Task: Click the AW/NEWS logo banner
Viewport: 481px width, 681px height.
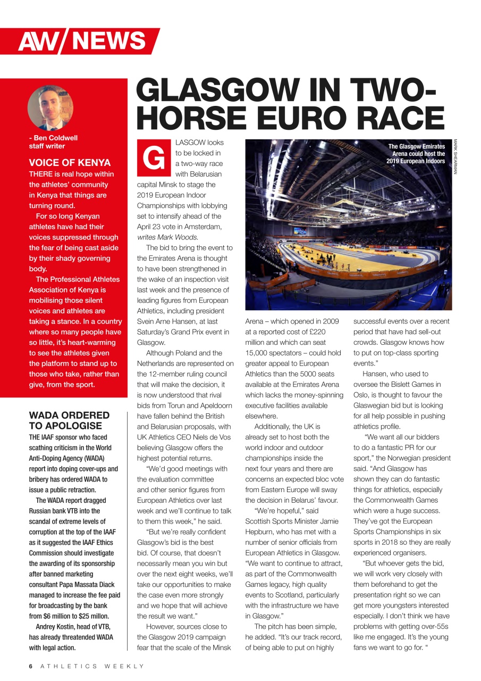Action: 82,41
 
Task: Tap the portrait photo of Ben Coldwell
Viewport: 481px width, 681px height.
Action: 50,107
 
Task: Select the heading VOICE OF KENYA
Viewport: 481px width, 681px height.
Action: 70,163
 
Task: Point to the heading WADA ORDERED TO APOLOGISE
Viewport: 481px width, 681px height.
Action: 69,420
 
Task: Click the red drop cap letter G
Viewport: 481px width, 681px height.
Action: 154,158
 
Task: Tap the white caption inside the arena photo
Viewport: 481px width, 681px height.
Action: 416,154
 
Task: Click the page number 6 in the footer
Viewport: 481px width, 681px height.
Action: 31,666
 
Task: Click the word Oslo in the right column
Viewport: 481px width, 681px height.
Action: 361,395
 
